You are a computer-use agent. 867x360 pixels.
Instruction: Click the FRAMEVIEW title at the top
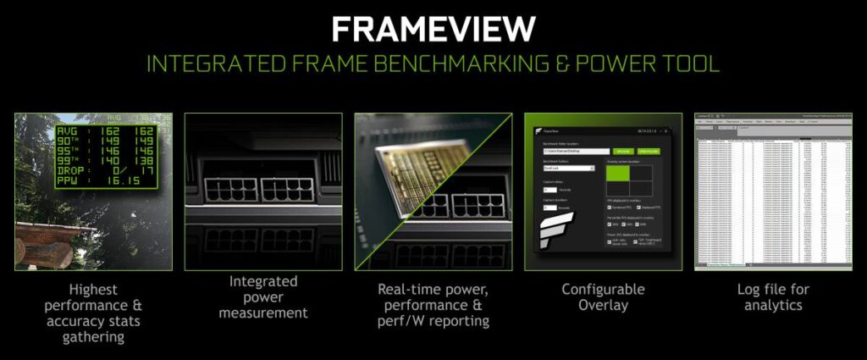click(x=433, y=27)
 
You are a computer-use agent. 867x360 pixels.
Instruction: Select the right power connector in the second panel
click(x=287, y=190)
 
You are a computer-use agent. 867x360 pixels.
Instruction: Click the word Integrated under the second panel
click(x=263, y=281)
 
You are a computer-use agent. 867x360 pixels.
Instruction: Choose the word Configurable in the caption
click(x=603, y=290)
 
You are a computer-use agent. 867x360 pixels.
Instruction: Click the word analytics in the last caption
click(x=773, y=305)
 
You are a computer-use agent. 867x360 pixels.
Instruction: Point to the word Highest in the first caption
click(x=93, y=290)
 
